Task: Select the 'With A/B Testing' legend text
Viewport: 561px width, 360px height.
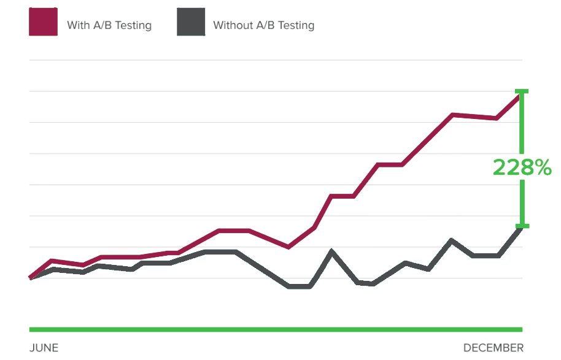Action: (x=109, y=26)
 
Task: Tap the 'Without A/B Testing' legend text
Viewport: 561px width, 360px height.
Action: (x=263, y=26)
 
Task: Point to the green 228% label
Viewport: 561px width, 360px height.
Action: (x=522, y=167)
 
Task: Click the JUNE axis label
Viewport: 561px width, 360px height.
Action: (x=44, y=348)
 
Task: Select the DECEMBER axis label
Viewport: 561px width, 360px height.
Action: (x=493, y=348)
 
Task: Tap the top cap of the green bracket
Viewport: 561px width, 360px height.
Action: (x=522, y=91)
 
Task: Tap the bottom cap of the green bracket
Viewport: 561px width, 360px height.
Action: (x=522, y=226)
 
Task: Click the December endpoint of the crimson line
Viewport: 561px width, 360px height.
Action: (x=520, y=96)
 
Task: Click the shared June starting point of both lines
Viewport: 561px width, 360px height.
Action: (x=31, y=278)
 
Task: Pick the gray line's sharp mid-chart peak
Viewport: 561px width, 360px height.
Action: (x=331, y=251)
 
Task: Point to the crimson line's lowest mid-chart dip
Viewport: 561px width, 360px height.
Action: (x=288, y=247)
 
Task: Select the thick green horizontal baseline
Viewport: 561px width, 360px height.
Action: (x=276, y=329)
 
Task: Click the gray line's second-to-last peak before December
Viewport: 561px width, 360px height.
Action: (x=452, y=240)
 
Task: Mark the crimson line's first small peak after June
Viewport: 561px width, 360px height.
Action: (x=52, y=261)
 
